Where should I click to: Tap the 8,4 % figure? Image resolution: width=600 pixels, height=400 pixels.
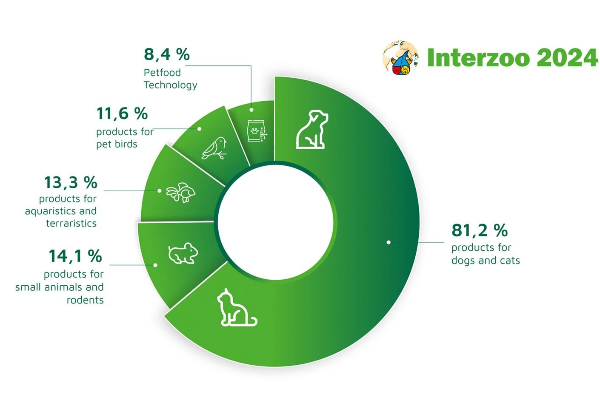coord(167,54)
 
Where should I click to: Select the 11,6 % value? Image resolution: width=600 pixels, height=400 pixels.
coord(122,113)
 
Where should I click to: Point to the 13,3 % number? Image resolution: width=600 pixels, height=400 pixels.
coord(71,182)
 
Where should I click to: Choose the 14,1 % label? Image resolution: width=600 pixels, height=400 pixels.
coord(76,256)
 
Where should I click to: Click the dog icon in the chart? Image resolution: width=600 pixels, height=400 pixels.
coord(312,129)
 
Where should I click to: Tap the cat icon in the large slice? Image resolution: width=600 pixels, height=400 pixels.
coord(237,307)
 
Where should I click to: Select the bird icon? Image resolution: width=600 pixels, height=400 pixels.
coord(214,148)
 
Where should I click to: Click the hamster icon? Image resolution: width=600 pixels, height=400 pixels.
coord(183,253)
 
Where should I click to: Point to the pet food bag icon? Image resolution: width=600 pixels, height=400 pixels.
coord(257,131)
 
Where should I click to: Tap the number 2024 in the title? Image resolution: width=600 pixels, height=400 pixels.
coord(567,57)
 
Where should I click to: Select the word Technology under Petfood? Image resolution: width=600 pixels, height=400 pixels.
coord(170,85)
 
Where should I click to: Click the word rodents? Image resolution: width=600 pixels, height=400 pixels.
coord(85,300)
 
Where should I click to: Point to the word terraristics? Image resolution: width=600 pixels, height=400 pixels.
coord(71,223)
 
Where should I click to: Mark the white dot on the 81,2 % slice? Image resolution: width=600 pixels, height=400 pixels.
coord(389,242)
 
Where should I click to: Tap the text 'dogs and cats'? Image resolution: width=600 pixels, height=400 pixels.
coord(486,260)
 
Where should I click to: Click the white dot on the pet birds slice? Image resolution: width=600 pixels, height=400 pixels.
coord(199,129)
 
